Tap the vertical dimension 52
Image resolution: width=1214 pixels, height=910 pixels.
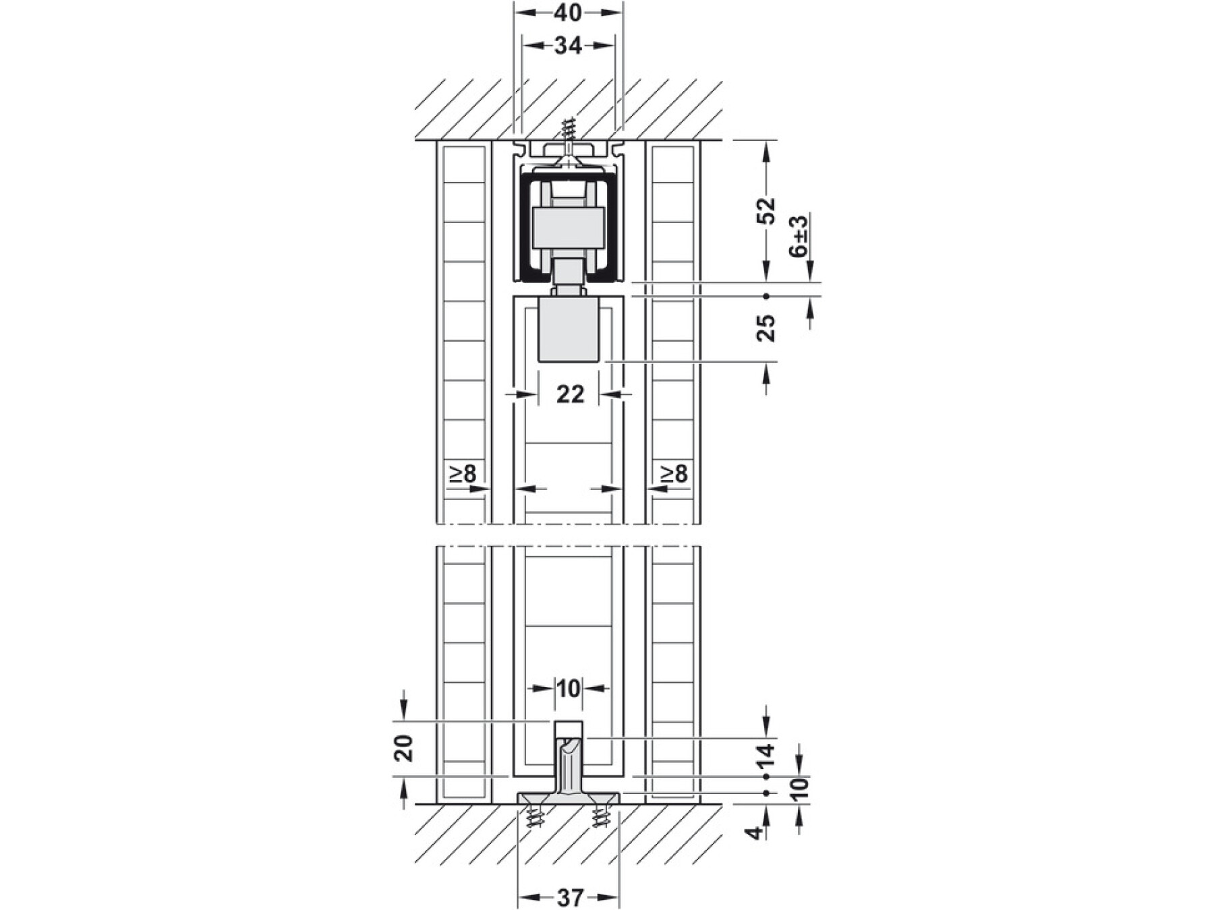766,211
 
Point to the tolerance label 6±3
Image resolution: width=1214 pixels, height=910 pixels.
799,236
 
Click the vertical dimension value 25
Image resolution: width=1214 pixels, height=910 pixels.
766,328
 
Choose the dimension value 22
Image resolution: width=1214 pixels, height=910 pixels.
570,394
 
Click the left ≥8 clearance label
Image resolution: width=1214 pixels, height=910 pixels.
463,474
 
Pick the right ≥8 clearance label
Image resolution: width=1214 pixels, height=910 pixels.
674,474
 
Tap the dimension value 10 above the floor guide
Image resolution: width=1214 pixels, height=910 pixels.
569,688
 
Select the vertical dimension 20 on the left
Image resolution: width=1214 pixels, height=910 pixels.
403,748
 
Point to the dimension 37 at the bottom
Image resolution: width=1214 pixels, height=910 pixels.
570,897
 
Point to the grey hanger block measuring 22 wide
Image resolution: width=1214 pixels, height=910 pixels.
568,330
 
